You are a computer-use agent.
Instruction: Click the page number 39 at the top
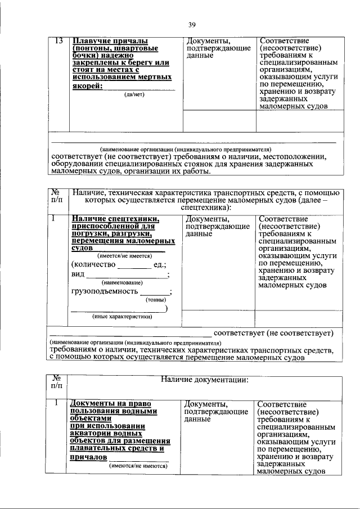point(191,25)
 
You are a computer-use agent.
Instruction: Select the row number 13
point(58,41)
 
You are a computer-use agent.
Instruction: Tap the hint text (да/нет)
point(135,94)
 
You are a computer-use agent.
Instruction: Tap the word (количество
point(93,264)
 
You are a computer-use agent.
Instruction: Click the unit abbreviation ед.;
point(160,264)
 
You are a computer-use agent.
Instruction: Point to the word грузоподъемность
point(104,291)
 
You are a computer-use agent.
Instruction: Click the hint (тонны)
point(155,300)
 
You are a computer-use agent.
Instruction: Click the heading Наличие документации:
point(205,380)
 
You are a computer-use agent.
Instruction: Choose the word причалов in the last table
point(88,458)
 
